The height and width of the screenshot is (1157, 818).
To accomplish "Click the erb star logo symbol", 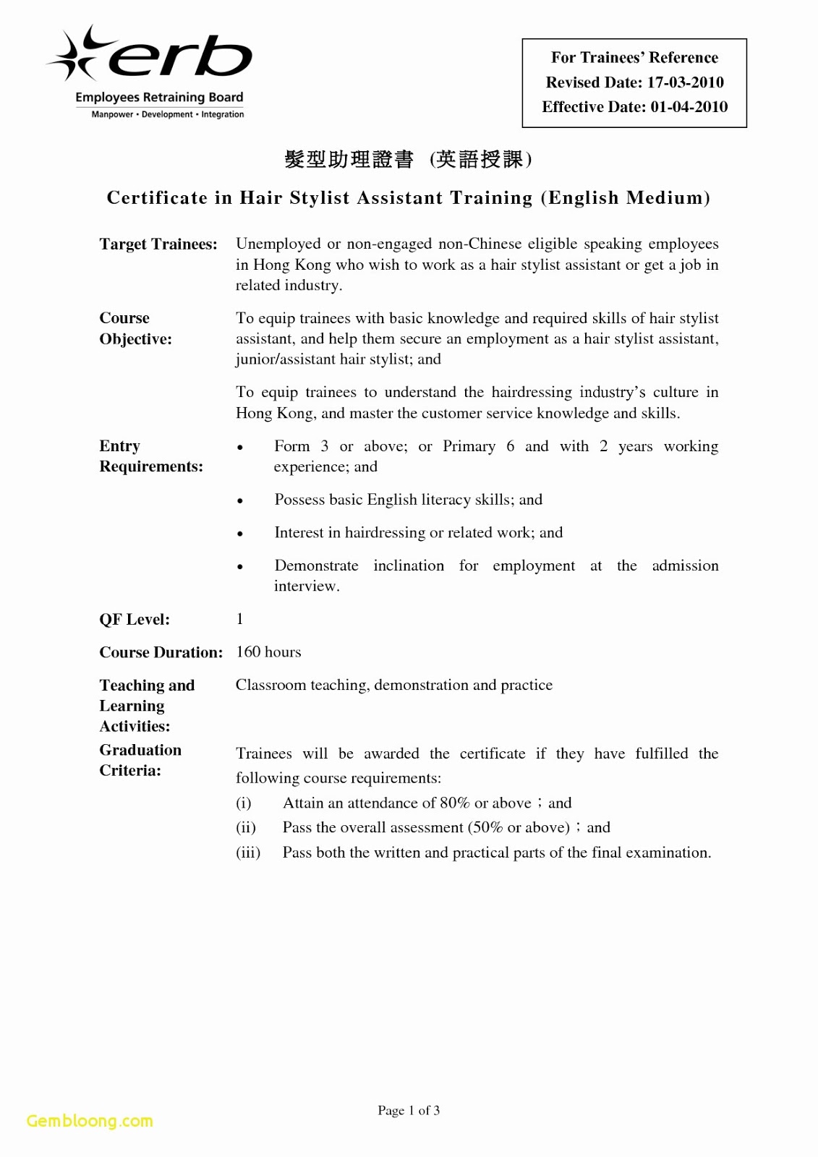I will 75,54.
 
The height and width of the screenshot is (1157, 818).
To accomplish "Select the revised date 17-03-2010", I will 685,82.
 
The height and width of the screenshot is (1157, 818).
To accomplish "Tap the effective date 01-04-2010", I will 689,107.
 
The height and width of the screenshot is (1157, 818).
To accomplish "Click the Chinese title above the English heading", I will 408,159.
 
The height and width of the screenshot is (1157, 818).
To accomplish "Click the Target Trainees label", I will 158,244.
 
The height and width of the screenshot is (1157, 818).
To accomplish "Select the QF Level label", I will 135,620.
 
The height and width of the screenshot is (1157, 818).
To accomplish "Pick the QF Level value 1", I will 240,619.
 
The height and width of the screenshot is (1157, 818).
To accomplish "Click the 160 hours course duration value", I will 268,652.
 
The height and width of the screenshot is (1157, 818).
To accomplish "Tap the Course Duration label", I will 161,652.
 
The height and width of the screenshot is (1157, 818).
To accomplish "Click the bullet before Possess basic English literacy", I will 240,501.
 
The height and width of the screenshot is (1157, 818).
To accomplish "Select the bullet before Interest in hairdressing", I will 240,534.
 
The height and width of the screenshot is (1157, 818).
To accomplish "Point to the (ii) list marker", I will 246,828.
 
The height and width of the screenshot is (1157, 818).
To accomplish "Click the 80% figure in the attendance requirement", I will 454,803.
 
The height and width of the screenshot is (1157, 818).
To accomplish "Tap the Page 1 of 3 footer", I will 409,1111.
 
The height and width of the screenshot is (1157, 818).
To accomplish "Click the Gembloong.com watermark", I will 90,1121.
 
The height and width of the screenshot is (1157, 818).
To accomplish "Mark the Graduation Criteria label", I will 140,760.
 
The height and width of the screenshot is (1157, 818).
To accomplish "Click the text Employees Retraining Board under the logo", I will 159,98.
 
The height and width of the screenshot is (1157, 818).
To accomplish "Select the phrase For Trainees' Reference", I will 634,58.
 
